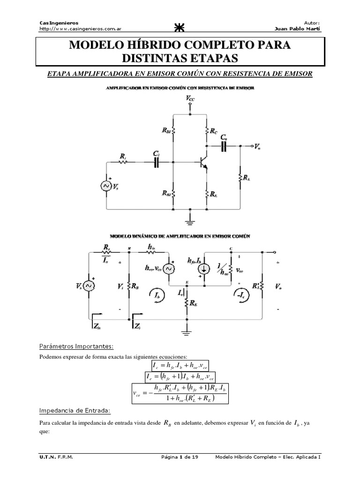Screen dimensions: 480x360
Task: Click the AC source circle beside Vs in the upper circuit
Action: tap(105, 186)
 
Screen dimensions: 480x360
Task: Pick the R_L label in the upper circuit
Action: tap(247, 177)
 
